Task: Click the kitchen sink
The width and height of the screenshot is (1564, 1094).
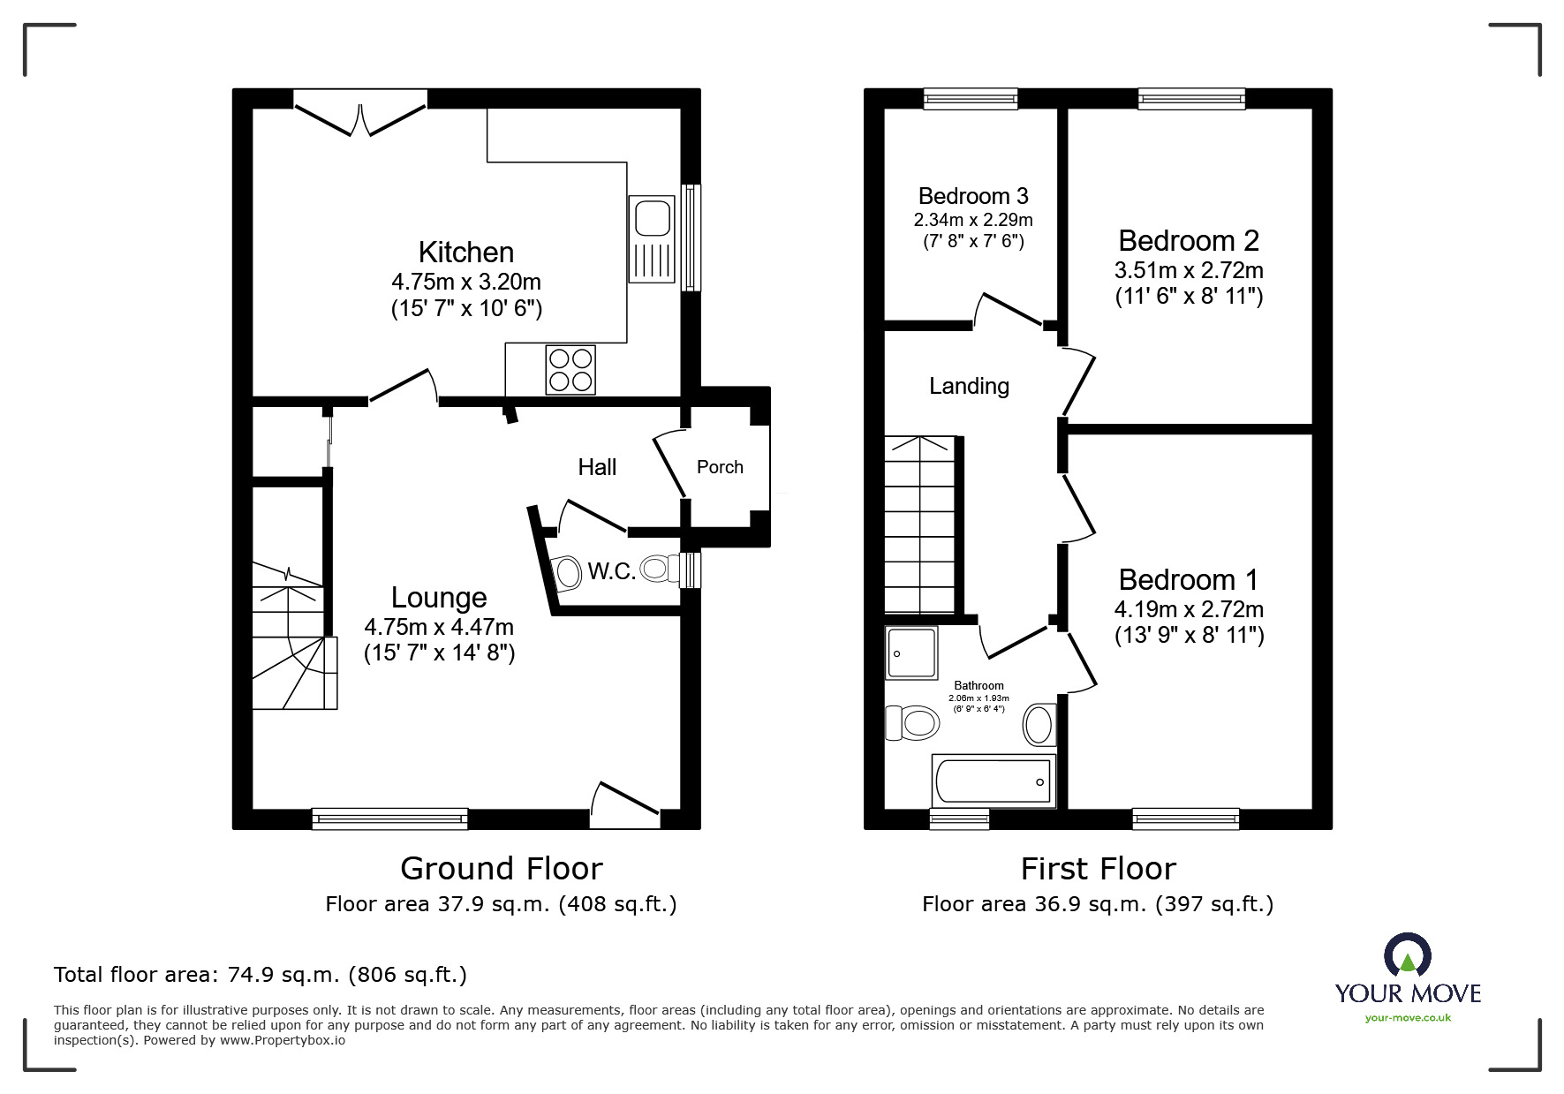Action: [x=651, y=238]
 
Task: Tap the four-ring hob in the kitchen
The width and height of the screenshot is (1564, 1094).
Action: [x=570, y=369]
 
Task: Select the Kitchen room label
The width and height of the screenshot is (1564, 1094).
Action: [x=466, y=253]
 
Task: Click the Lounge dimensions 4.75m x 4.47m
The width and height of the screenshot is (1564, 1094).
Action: [x=439, y=627]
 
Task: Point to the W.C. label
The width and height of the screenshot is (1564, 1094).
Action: [x=612, y=571]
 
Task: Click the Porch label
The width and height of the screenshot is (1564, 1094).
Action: [x=720, y=467]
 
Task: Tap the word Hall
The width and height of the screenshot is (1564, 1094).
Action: [x=597, y=467]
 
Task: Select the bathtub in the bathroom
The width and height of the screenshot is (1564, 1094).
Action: [x=994, y=781]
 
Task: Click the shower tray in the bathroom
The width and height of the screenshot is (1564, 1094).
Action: [x=911, y=653]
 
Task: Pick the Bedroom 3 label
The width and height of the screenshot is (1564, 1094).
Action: [x=973, y=196]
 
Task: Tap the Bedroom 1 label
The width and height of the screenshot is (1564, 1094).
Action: [x=1189, y=580]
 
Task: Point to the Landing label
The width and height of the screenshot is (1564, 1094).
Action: [x=969, y=386]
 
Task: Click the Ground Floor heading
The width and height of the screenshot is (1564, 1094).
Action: [x=502, y=869]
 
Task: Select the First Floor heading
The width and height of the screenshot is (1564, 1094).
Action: [x=1099, y=869]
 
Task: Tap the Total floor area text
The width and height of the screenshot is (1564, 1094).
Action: [x=261, y=975]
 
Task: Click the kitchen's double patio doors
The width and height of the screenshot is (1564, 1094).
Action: [x=360, y=113]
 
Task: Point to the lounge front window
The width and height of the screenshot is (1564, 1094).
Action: [x=389, y=819]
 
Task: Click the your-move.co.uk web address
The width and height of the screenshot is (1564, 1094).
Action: [x=1408, y=1018]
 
